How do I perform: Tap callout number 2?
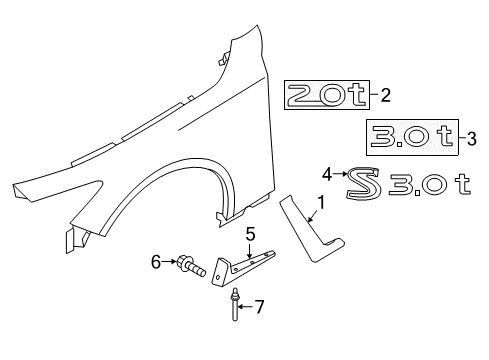point(385,96)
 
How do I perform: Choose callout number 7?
point(260,306)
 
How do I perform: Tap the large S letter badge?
point(362,183)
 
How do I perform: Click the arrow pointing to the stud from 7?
point(246,306)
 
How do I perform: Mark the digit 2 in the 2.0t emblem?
point(301,96)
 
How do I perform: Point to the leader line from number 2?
point(371,96)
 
